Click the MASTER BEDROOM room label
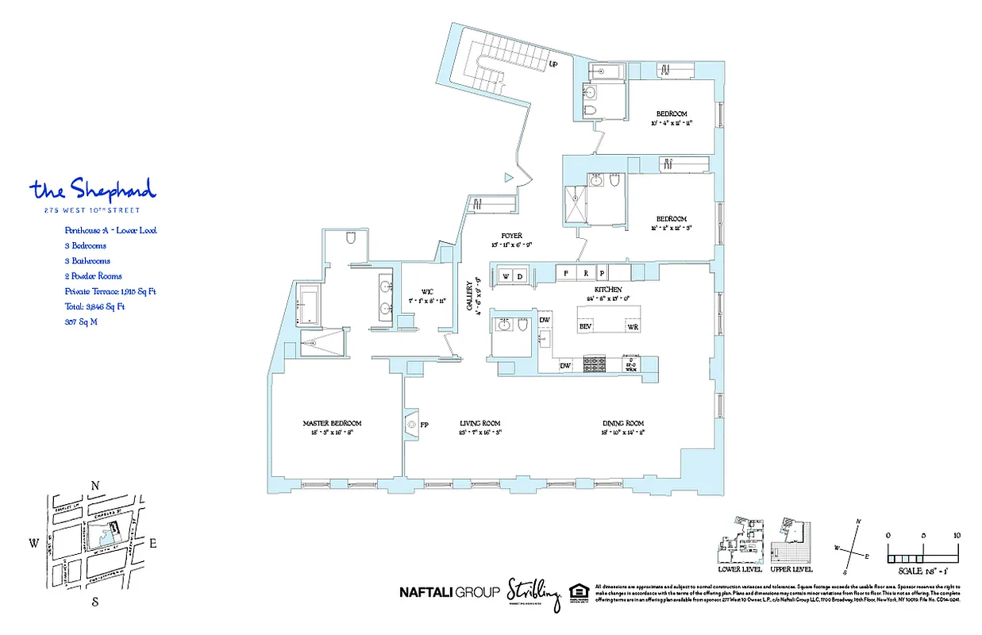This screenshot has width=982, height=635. tap(332, 423)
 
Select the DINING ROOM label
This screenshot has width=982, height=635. tap(622, 423)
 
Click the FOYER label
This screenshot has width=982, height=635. tap(510, 236)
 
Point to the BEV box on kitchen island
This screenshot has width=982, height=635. tap(586, 326)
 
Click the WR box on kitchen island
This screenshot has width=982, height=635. tap(633, 326)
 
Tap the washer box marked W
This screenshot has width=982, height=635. tap(506, 275)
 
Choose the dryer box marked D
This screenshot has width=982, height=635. tap(520, 275)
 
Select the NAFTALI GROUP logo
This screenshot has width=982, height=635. tap(449, 591)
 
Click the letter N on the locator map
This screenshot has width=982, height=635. tap(95, 486)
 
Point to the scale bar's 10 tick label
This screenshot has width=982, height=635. tap(957, 535)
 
